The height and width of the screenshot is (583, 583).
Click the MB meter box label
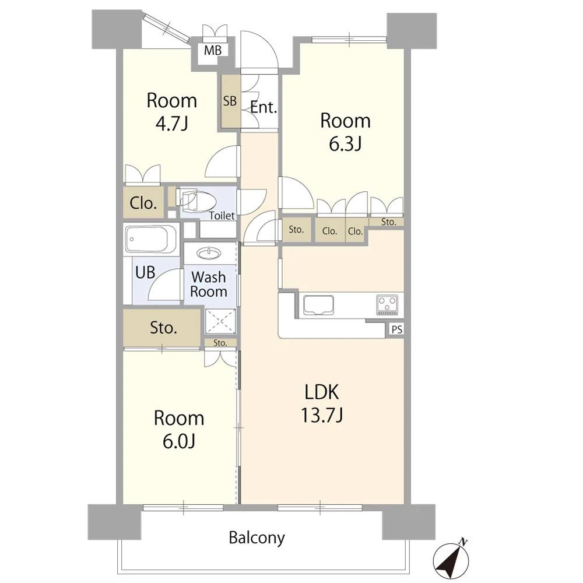pyautogui.click(x=213, y=50)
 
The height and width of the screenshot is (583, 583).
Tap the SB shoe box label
pyautogui.click(x=230, y=101)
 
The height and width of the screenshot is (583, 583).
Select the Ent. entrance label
pyautogui.click(x=264, y=107)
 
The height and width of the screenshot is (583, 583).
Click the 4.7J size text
pyautogui.click(x=171, y=123)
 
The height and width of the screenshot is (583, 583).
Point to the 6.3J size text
pyautogui.click(x=345, y=143)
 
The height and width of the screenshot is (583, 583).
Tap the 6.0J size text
pyautogui.click(x=179, y=441)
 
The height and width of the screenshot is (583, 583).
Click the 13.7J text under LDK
pyautogui.click(x=322, y=415)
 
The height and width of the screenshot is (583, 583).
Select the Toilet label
pyautogui.click(x=222, y=216)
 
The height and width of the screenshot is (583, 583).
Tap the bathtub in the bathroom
pyautogui.click(x=151, y=238)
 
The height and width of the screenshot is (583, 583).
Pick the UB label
pyautogui.click(x=145, y=272)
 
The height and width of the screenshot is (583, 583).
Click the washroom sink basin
pyautogui.click(x=209, y=254)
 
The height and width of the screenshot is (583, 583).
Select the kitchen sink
pyautogui.click(x=318, y=305)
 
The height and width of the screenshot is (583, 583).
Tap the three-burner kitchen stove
pyautogui.click(x=387, y=304)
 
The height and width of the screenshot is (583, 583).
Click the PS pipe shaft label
pyautogui.click(x=397, y=329)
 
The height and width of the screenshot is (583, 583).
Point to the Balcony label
pyautogui.click(x=257, y=538)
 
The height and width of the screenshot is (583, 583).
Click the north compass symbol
pyautogui.click(x=451, y=559)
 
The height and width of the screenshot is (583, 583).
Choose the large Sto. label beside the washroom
pyautogui.click(x=163, y=328)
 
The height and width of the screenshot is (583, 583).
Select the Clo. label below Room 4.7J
pyautogui.click(x=143, y=203)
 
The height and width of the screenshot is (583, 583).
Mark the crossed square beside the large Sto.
pyautogui.click(x=220, y=322)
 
